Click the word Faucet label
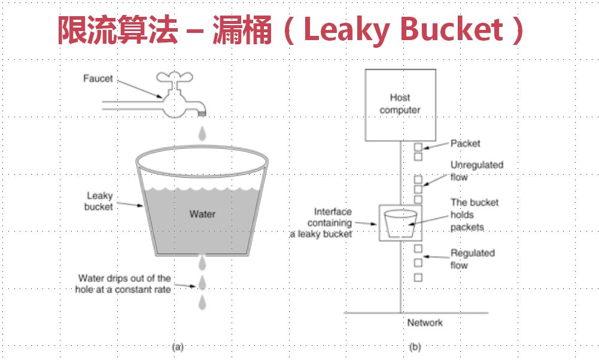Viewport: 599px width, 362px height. (98, 79)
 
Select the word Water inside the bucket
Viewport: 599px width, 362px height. (202, 214)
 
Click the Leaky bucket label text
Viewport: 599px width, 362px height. (99, 201)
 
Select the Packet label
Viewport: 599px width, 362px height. (465, 144)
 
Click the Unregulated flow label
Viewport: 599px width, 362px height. (476, 171)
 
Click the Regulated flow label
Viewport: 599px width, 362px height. (472, 258)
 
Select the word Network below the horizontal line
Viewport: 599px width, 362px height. (425, 323)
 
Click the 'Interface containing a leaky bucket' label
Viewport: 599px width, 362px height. (330, 223)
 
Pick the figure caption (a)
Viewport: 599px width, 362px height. (177, 346)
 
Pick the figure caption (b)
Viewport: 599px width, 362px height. (415, 346)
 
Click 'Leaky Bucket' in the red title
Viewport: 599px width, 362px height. (403, 29)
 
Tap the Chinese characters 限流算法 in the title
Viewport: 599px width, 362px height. (117, 29)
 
